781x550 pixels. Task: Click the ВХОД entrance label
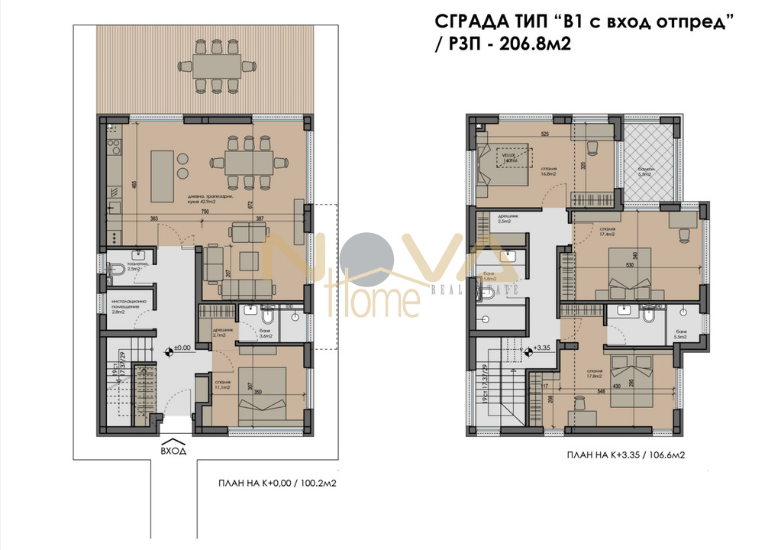click(x=173, y=451)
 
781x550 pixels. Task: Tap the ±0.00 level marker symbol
click(x=169, y=352)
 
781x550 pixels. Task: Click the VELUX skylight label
click(x=508, y=158)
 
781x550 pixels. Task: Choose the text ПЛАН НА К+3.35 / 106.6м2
click(x=626, y=455)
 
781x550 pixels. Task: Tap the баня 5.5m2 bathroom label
click(x=682, y=334)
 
